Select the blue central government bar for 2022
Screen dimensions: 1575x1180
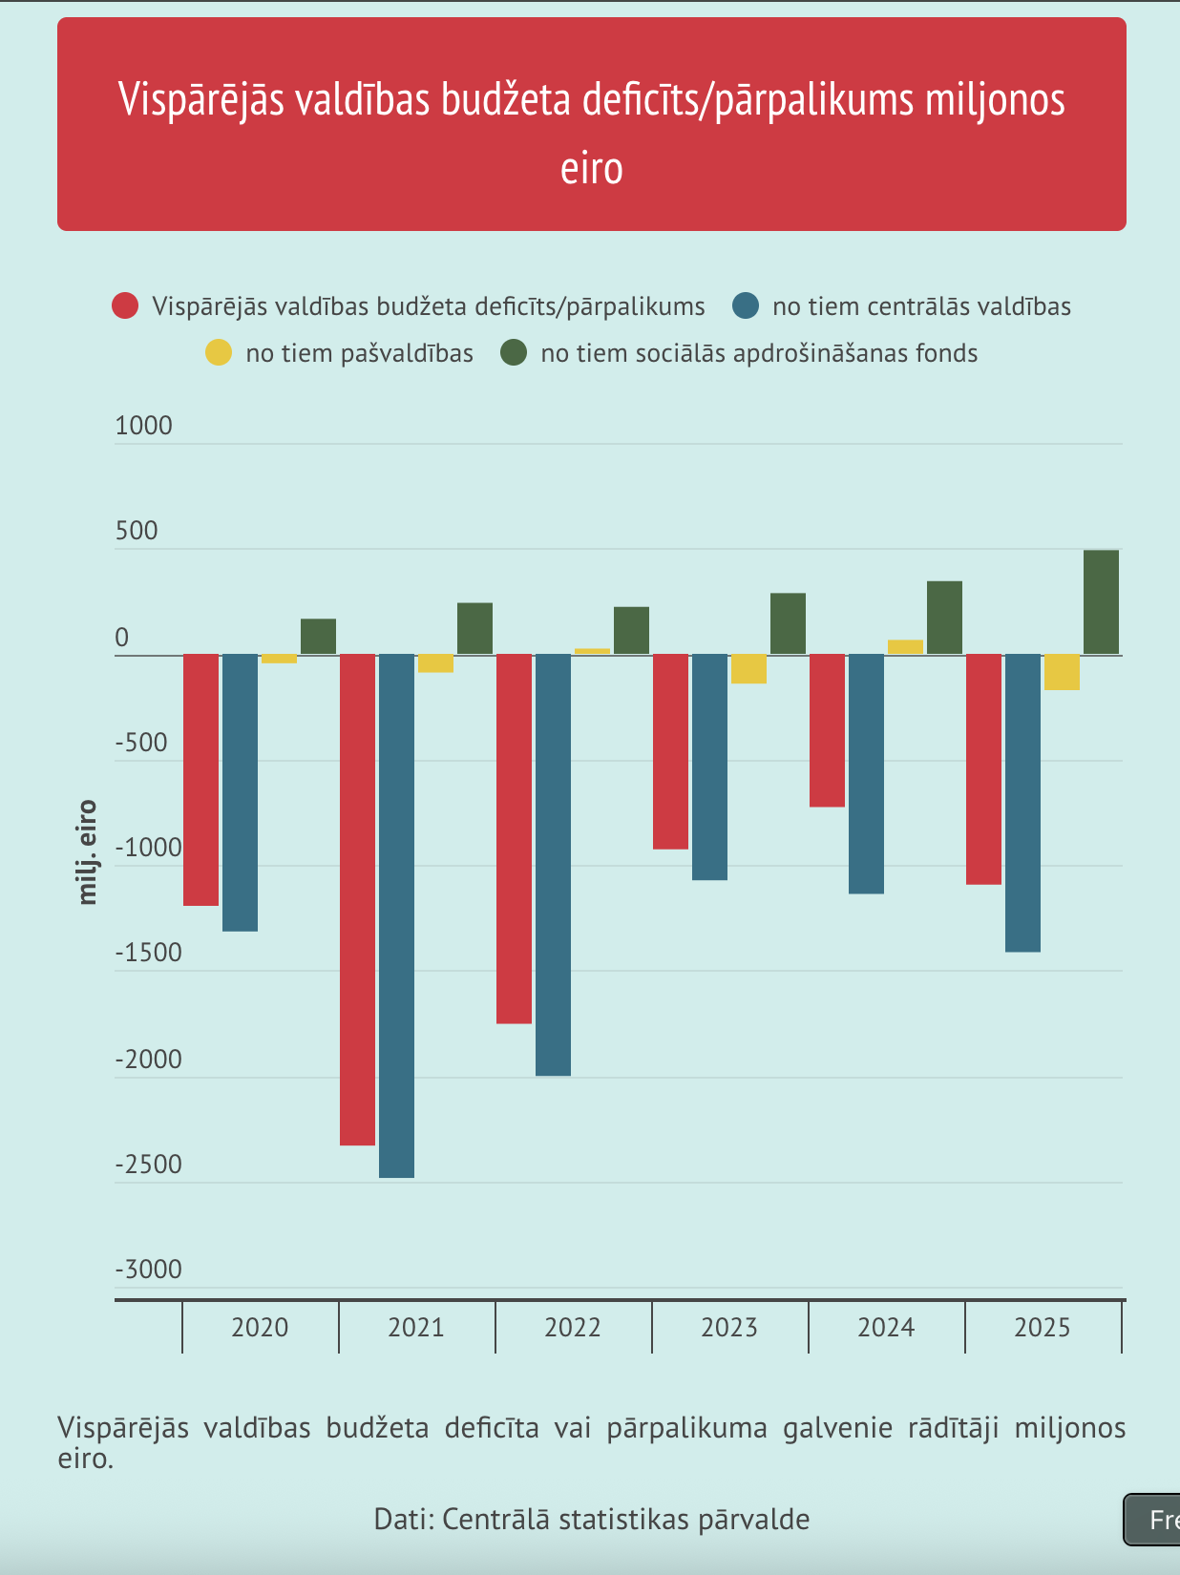553,865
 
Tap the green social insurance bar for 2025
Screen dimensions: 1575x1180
1101,602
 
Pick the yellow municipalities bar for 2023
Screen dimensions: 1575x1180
749,669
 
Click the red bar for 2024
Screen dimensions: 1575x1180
827,730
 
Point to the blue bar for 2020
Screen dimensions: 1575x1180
240,792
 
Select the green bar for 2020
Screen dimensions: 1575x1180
318,637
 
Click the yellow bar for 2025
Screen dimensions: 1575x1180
1062,672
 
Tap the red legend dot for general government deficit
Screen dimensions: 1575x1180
125,306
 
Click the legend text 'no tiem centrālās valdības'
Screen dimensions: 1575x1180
921,306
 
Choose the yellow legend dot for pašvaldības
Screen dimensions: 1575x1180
219,353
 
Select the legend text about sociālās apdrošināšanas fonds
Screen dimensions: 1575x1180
759,353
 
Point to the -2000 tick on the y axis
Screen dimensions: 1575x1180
148,1060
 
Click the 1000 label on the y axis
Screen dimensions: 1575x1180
144,426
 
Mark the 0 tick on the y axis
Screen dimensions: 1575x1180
121,638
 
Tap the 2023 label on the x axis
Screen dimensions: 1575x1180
729,1328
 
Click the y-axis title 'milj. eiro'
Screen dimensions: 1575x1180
88,851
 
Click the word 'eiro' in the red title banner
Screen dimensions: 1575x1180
592,169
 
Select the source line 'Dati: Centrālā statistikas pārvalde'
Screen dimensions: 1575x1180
592,1519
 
